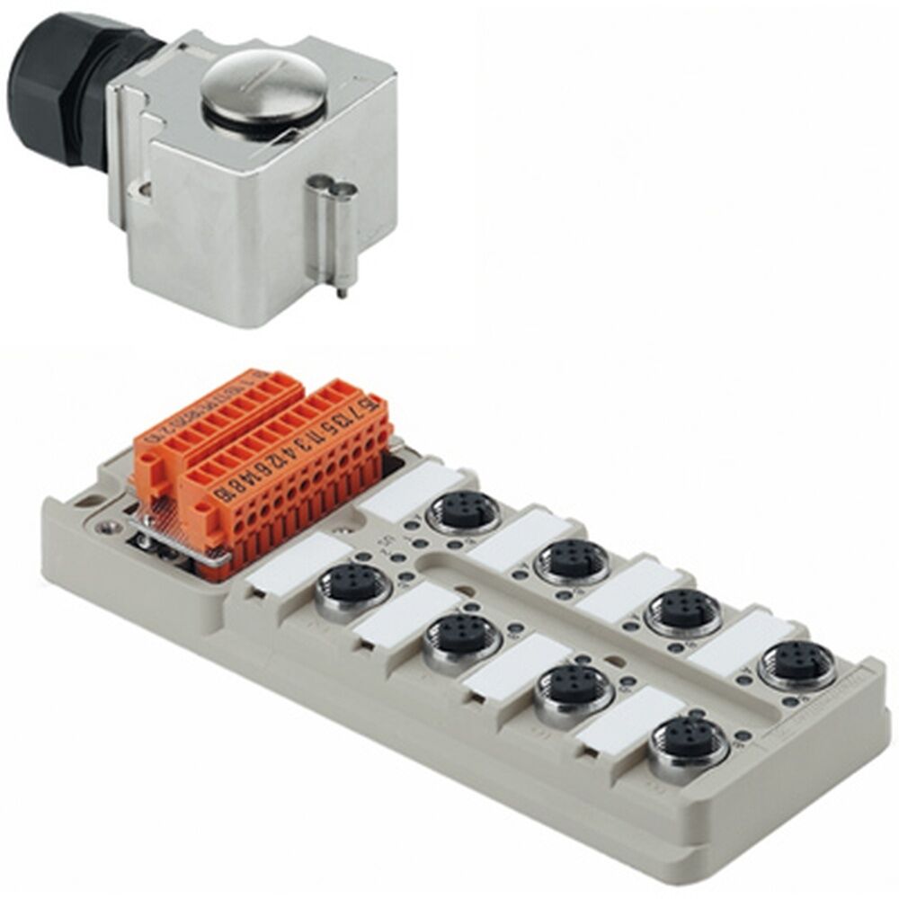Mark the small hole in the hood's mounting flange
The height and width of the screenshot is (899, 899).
point(143,189)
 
